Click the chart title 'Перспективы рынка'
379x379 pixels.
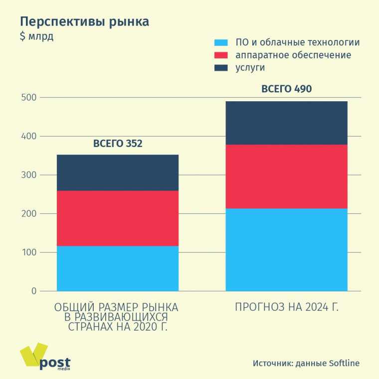pos(84,22)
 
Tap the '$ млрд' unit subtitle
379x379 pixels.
pos(36,36)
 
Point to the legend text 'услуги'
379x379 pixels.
pos(250,67)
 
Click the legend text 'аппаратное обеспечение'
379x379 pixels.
pos(293,55)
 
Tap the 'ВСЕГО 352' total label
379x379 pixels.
pos(118,144)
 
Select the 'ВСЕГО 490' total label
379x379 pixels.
pos(286,90)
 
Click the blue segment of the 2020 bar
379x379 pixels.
pos(118,268)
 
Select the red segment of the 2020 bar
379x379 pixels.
pos(118,218)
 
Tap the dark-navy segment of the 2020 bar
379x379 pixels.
pos(118,173)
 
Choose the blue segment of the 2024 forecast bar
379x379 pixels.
pos(286,249)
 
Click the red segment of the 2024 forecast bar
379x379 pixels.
pos(286,176)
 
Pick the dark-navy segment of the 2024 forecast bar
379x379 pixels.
pos(286,123)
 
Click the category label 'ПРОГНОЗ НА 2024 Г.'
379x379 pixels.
pos(286,307)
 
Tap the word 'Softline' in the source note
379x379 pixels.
pos(344,363)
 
